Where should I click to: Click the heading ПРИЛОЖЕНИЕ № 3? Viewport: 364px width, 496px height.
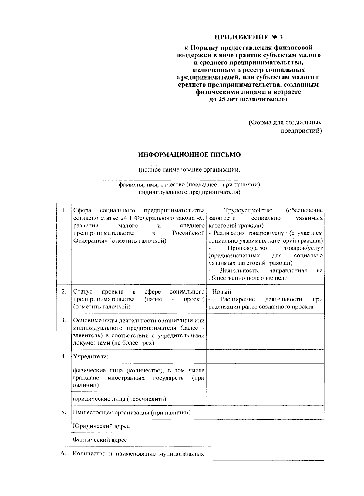[248, 37]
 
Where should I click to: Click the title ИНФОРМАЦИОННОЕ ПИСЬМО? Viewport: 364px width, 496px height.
[190, 155]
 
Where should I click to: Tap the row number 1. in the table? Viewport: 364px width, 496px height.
[64, 210]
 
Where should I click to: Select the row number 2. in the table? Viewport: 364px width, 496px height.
[64, 291]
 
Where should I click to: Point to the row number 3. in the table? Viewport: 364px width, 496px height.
[64, 320]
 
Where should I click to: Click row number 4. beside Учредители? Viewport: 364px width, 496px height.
[64, 356]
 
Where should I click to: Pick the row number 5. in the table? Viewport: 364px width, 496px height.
[64, 412]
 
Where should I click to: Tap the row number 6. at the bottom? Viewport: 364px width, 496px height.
[64, 454]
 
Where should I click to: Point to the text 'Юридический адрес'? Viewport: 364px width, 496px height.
[101, 426]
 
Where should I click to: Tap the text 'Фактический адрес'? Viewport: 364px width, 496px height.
[100, 440]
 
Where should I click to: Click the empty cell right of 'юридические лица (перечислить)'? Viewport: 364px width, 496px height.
[265, 399]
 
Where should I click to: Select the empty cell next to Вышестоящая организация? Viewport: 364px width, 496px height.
[265, 413]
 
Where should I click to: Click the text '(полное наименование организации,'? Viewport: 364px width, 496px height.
[189, 170]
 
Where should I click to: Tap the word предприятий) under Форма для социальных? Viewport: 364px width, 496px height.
[300, 131]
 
